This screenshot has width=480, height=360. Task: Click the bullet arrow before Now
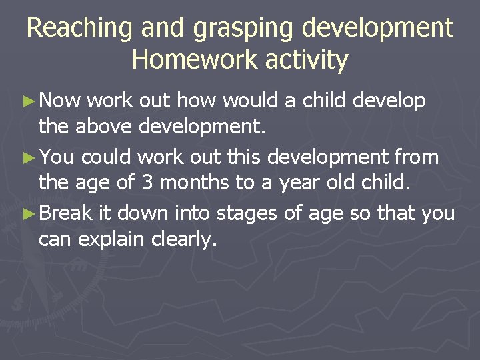(x=28, y=101)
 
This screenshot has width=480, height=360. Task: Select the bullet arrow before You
(x=28, y=157)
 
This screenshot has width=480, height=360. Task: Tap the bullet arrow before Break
(x=28, y=213)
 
